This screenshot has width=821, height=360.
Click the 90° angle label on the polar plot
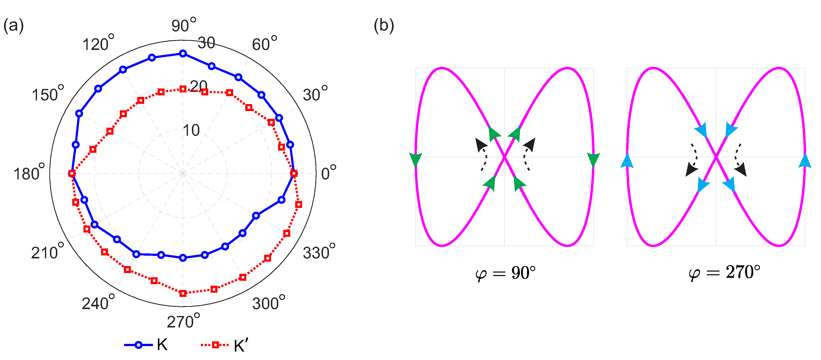pos(183,25)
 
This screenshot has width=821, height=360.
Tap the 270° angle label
pos(183,321)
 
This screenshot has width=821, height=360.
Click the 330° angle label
pos(319,252)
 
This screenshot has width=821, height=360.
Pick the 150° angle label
pos(48,94)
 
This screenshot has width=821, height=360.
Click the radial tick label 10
pos(191,130)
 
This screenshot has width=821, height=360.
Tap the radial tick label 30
pos(206,43)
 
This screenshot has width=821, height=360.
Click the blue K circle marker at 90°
pos(183,54)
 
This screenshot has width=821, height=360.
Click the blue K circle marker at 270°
pos(183,258)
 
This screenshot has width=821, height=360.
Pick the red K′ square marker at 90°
pos(183,89)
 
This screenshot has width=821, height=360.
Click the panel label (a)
pos(13,26)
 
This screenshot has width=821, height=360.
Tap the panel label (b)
pos(384,26)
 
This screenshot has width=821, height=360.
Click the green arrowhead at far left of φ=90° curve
pos(416,160)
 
